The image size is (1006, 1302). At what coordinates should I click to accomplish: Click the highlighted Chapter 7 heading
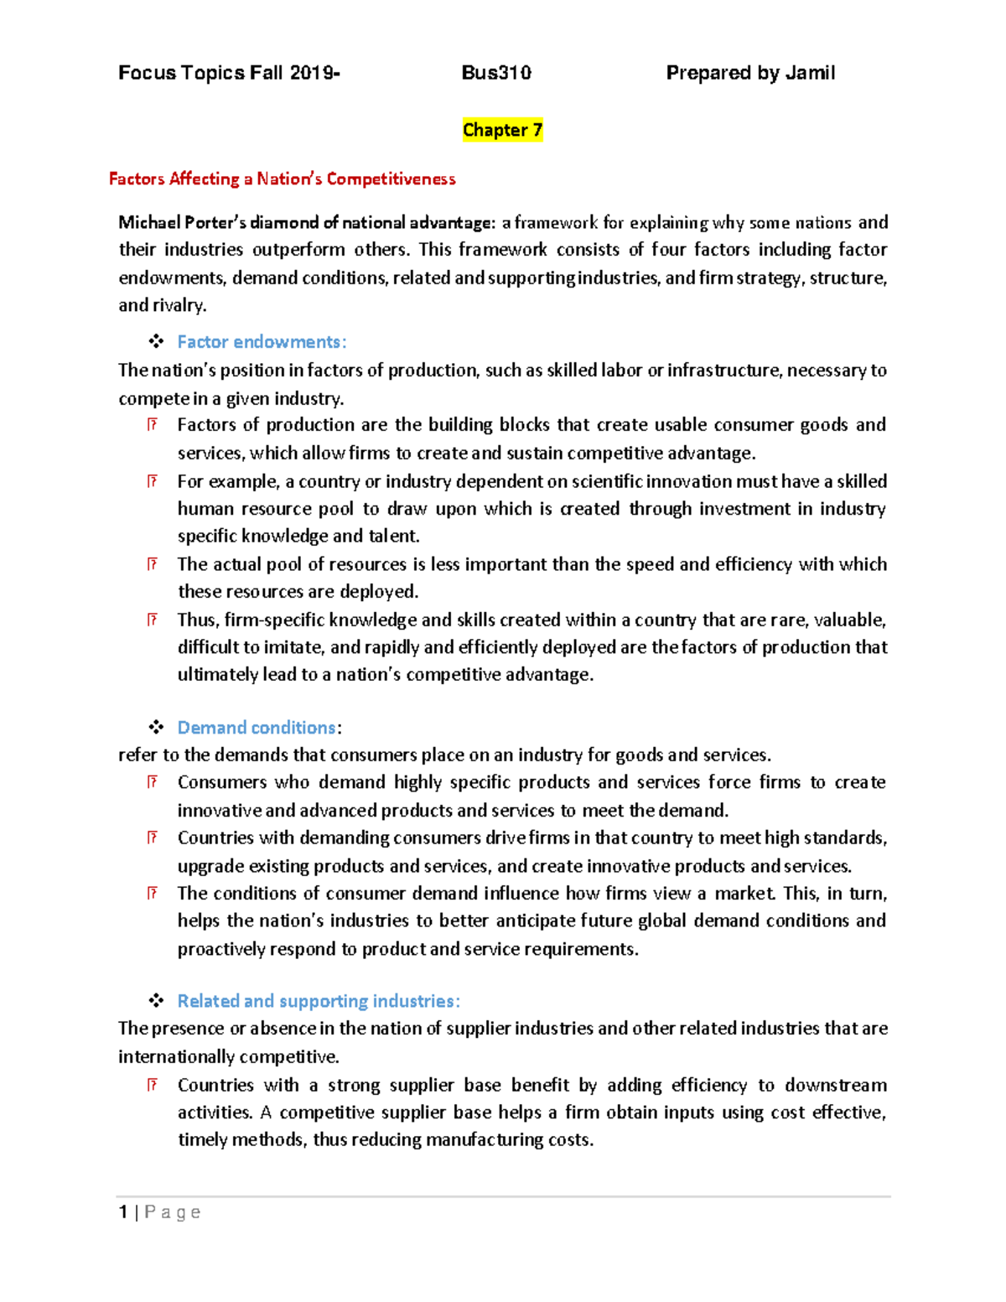tap(502, 130)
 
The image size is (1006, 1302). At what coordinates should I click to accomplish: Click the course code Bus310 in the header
tap(496, 73)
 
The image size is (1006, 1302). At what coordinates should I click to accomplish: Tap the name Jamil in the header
tap(810, 73)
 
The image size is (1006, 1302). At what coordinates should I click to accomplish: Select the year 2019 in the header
tap(312, 73)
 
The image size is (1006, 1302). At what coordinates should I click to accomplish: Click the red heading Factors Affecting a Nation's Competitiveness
tap(283, 179)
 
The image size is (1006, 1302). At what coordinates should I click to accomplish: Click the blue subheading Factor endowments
tap(262, 342)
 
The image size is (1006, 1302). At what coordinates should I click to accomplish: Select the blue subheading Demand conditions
tap(257, 728)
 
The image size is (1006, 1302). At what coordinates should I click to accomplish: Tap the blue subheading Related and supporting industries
tap(318, 1001)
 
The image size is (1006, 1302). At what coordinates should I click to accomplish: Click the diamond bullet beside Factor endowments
tap(156, 341)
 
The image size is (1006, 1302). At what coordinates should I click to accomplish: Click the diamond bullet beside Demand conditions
tap(156, 728)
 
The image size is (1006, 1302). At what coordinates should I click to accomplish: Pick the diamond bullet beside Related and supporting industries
tap(156, 1001)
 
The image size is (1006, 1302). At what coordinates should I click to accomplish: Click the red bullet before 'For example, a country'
tap(152, 481)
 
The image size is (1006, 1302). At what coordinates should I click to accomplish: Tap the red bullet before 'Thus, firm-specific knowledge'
tap(152, 620)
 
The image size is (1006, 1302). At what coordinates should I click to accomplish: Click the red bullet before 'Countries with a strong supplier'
tap(152, 1085)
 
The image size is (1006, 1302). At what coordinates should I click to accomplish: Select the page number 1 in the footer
tap(123, 1212)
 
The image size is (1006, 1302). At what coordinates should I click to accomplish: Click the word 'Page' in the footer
tap(173, 1212)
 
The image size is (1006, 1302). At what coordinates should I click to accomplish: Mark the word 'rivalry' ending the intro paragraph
tap(177, 305)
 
